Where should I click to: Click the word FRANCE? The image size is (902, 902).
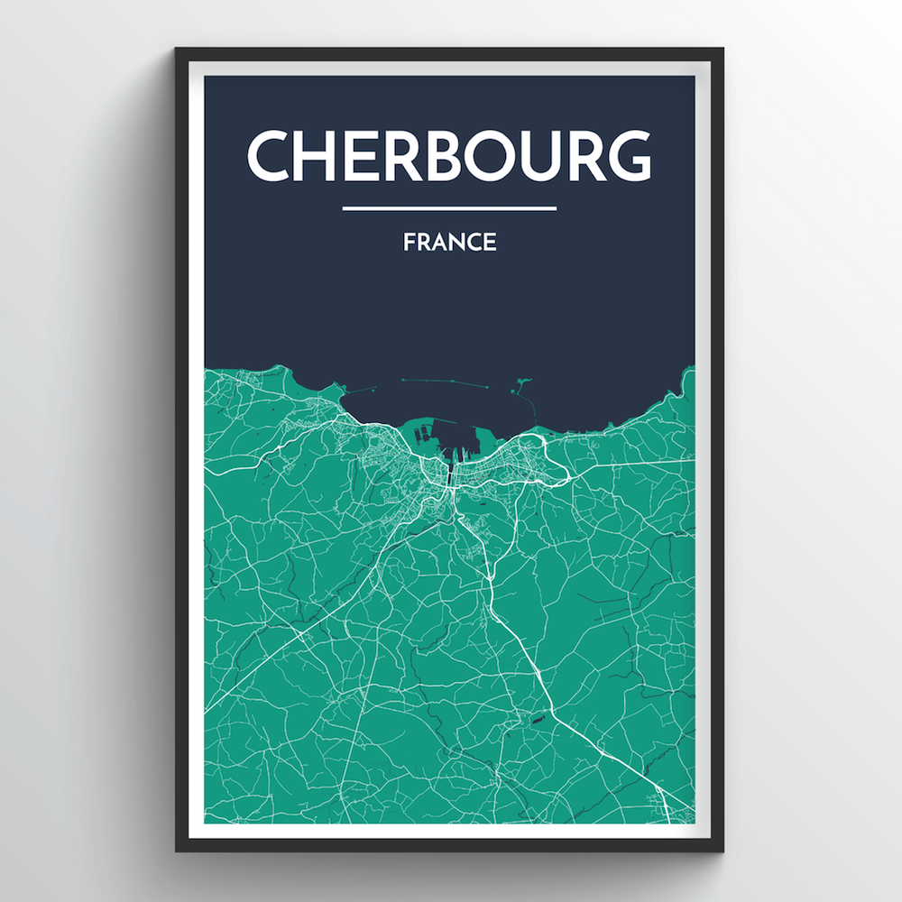point(449,243)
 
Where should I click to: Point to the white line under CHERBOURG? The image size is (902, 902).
point(449,208)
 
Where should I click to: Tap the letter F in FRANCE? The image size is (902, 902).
point(409,243)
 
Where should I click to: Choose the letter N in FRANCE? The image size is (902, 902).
point(456,243)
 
